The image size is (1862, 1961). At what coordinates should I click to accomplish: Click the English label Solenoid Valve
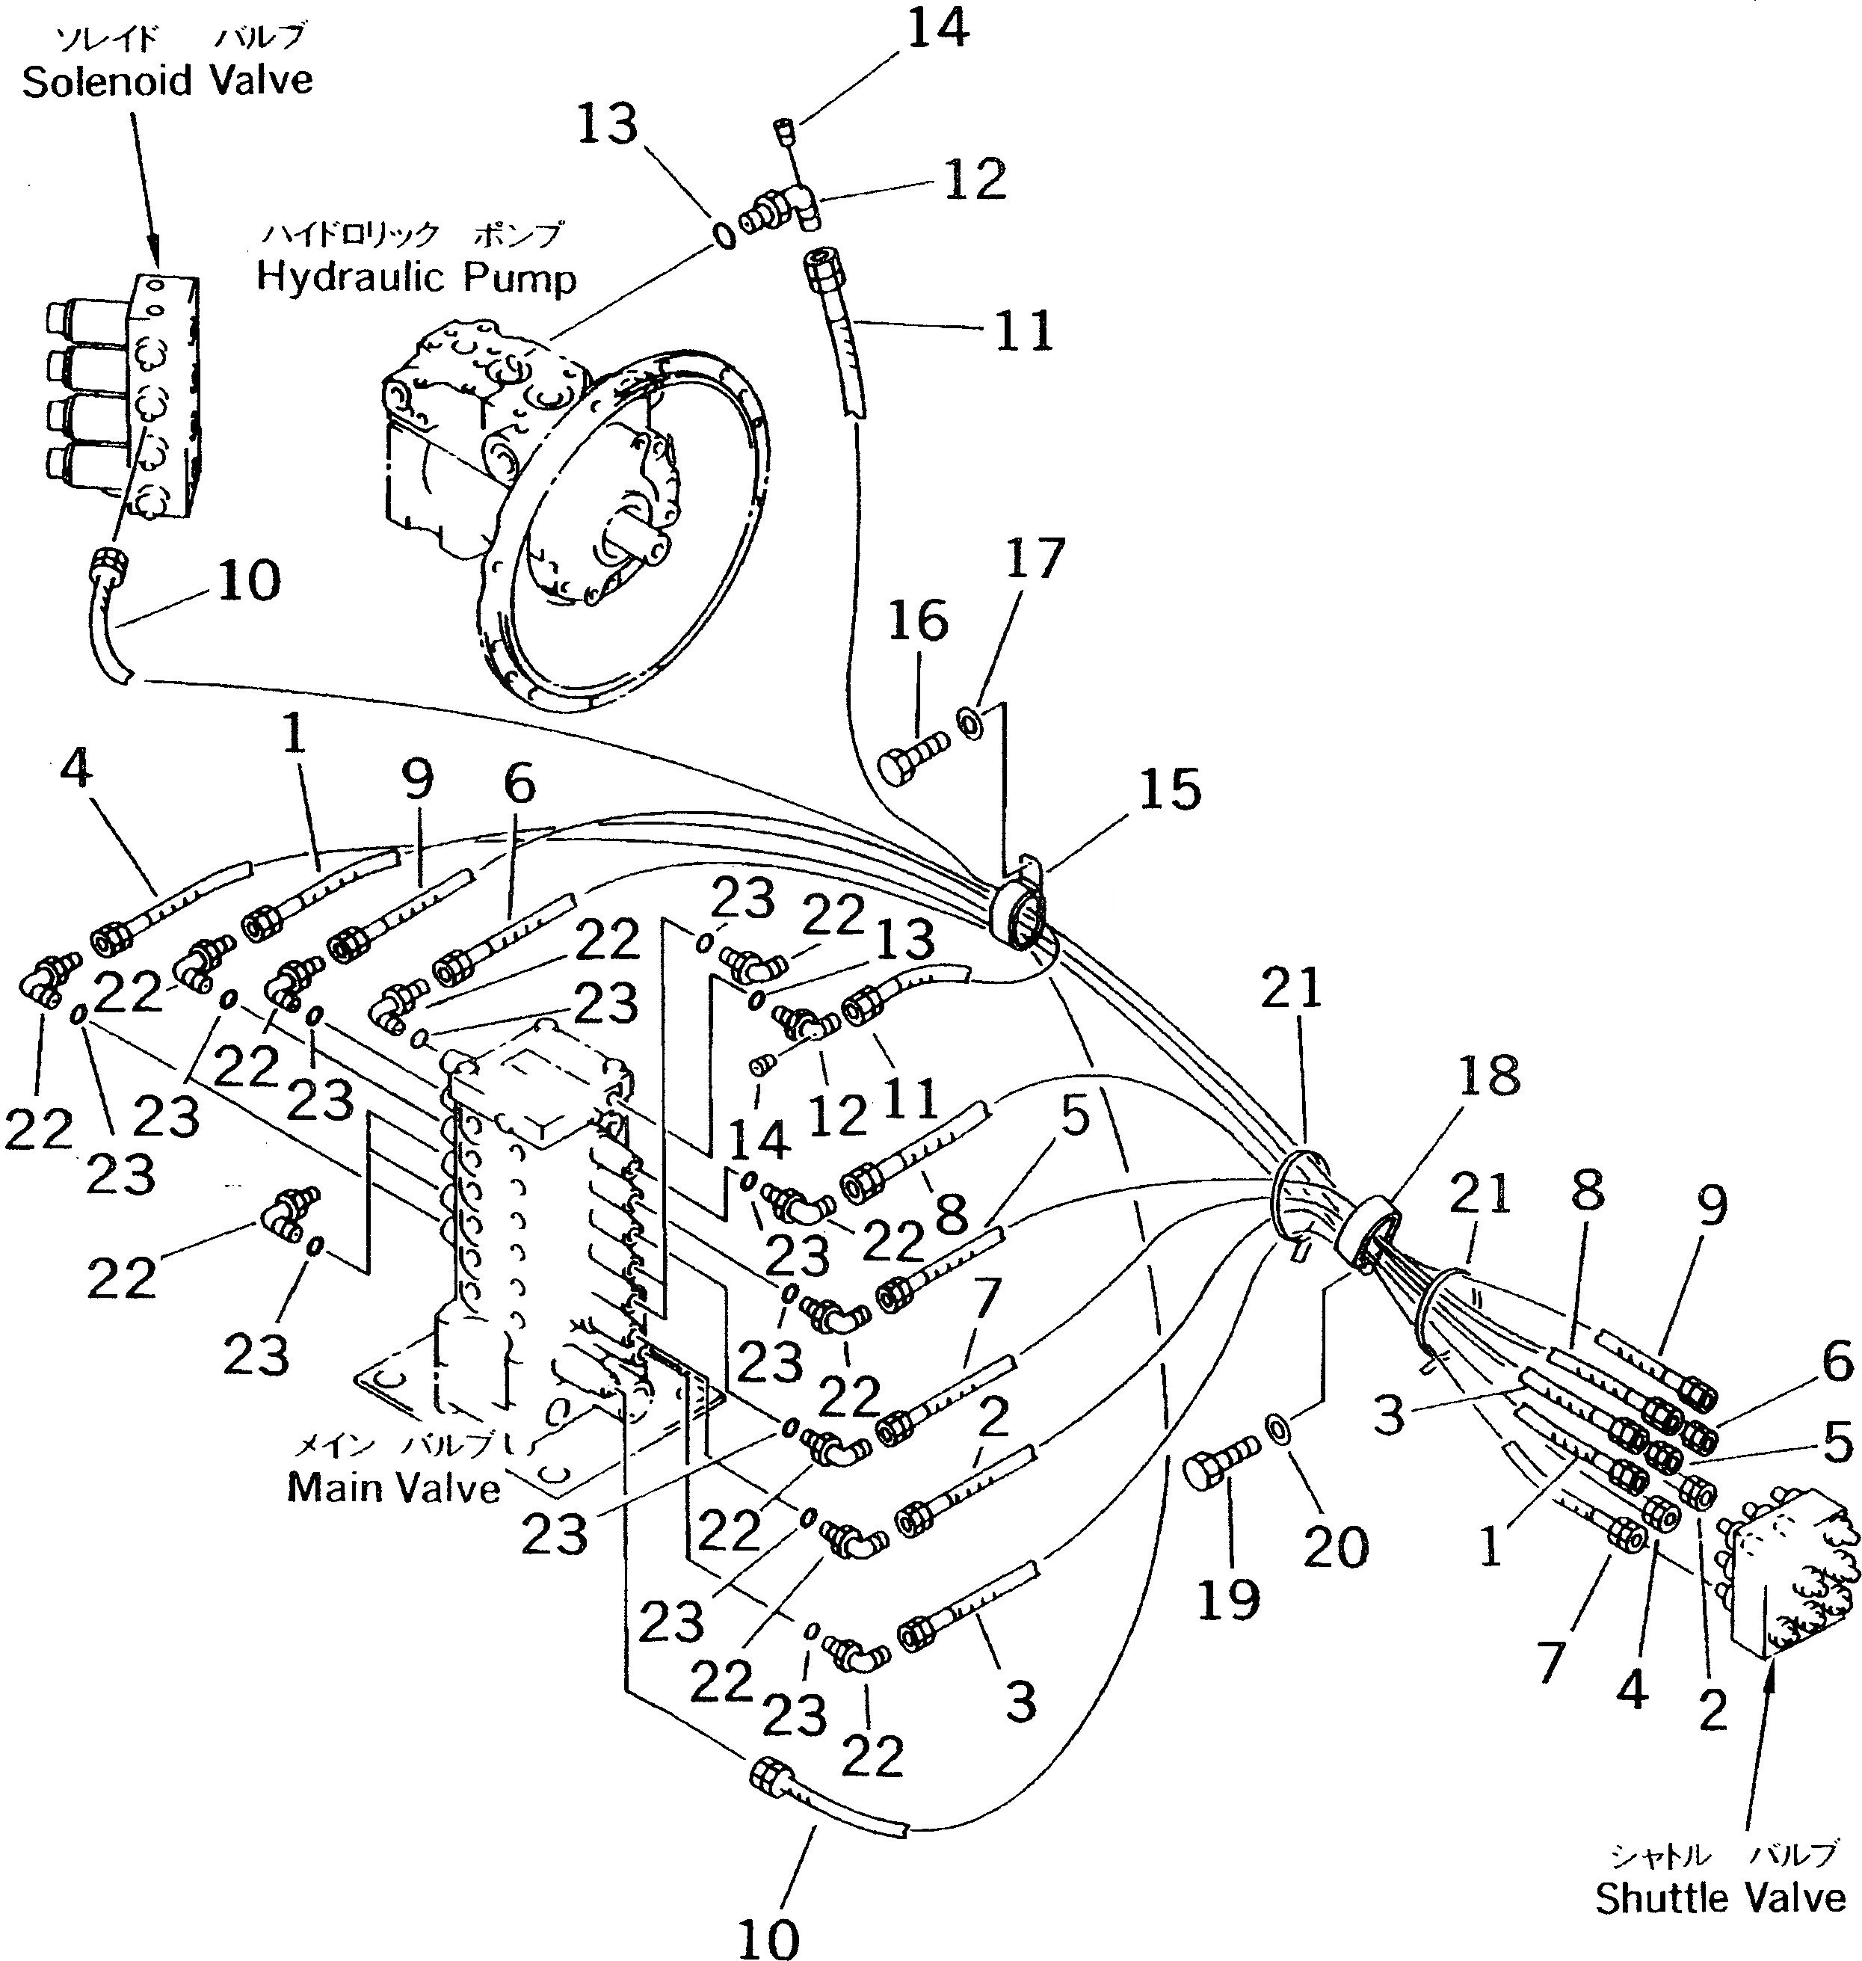pyautogui.click(x=167, y=81)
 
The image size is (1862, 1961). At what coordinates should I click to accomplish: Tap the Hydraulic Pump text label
pyautogui.click(x=416, y=277)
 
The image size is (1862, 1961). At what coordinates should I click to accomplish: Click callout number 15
pyautogui.click(x=1169, y=789)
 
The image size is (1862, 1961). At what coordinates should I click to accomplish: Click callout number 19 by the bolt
pyautogui.click(x=1228, y=1600)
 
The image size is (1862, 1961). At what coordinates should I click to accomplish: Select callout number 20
pyautogui.click(x=1335, y=1547)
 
